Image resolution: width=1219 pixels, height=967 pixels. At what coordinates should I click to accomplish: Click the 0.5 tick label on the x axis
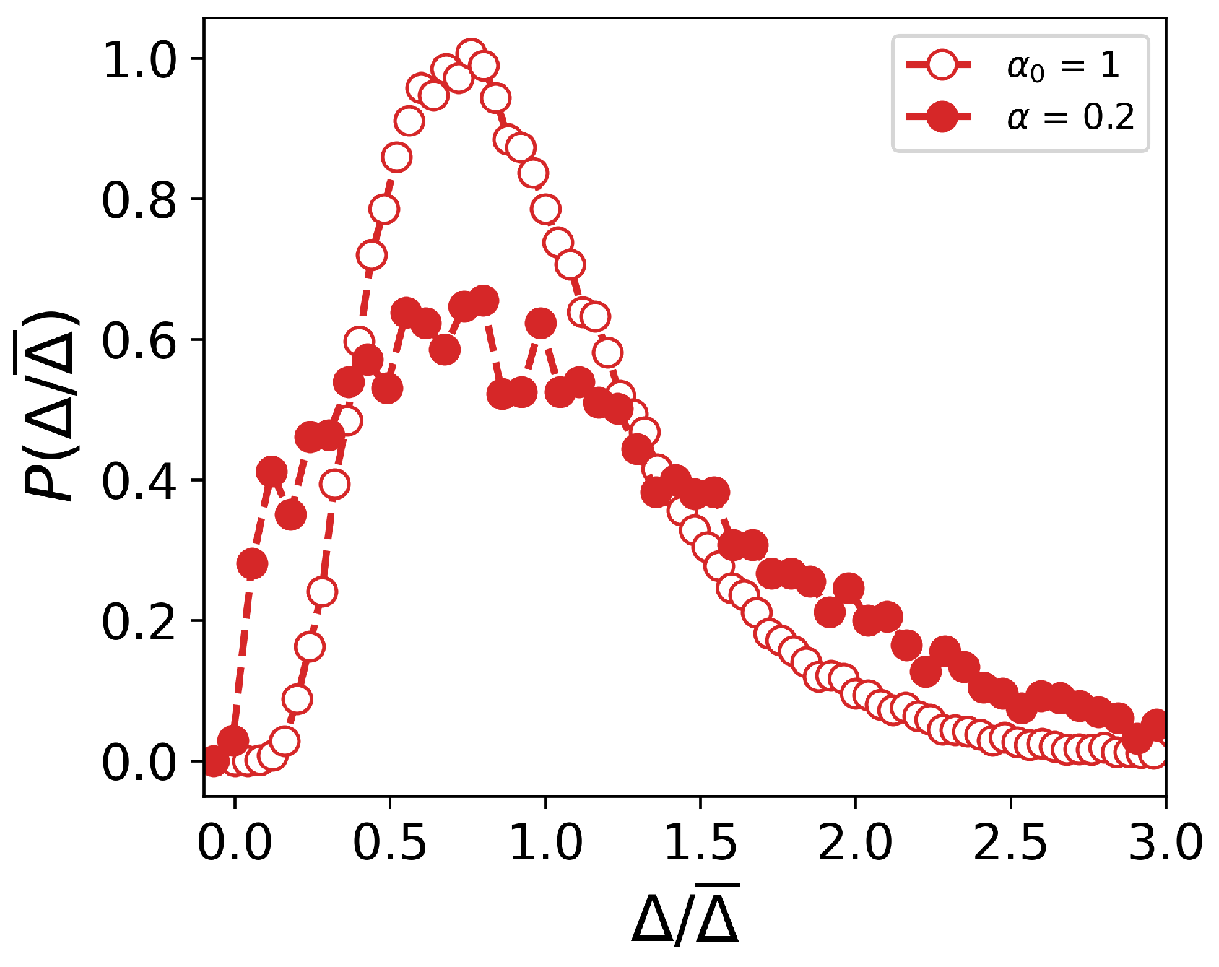point(390,842)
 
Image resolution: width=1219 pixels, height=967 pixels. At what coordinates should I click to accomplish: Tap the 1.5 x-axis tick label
point(700,842)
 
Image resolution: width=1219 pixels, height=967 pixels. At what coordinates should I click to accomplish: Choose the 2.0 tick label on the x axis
point(856,842)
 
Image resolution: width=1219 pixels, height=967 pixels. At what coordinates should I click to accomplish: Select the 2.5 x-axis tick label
point(1010,842)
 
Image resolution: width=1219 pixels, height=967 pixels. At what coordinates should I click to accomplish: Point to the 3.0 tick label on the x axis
point(1164,842)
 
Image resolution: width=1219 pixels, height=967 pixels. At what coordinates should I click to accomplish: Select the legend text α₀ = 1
point(1063,66)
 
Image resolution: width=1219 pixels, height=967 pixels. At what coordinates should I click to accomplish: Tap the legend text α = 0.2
point(1070,116)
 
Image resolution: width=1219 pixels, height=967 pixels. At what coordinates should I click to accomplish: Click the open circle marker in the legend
point(942,66)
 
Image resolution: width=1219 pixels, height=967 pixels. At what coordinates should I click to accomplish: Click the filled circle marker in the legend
point(942,116)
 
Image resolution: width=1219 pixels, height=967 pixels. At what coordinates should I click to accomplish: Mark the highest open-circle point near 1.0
point(472,55)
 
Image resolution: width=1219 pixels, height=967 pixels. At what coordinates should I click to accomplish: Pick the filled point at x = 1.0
point(541,324)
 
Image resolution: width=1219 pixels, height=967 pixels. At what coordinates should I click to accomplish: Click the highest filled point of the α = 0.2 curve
point(482,300)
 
